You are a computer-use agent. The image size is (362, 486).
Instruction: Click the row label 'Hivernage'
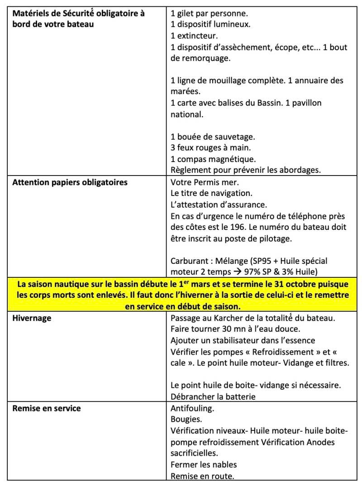32,318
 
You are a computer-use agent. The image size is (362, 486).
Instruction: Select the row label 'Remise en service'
47,408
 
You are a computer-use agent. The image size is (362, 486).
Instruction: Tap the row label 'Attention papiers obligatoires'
70,182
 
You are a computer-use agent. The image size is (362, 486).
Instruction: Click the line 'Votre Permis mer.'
205,182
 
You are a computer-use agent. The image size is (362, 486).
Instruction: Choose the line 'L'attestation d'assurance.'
219,205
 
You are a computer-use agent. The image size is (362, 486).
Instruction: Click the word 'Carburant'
189,261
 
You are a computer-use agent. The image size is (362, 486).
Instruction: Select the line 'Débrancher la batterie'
213,397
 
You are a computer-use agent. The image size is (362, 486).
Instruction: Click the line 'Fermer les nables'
204,464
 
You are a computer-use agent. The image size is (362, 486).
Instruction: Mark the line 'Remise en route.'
202,476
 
